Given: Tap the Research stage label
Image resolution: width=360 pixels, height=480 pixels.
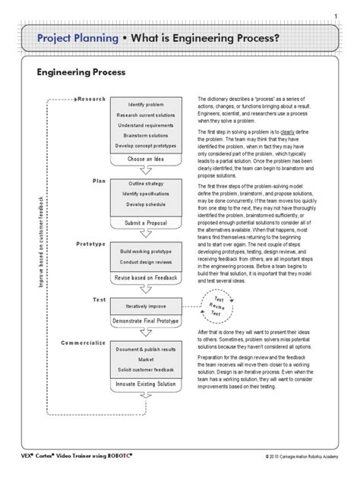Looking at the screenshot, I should pos(93,99).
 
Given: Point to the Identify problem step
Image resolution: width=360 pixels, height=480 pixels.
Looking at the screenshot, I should pos(146,103).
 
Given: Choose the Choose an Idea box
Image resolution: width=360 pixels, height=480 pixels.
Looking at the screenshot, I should pos(146,159).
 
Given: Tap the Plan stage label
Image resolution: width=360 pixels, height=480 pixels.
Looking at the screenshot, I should pos(99,181).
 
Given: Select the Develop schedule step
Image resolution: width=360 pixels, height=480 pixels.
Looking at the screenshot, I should pos(146,205).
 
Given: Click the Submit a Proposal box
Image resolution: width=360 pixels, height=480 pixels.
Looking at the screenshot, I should pos(146,223).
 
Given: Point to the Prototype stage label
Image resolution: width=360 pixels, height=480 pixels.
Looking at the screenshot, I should pos(90,243).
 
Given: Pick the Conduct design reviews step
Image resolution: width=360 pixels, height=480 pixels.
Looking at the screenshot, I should pos(146,262).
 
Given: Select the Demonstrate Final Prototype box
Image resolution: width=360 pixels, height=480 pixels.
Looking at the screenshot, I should pos(146,322).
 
